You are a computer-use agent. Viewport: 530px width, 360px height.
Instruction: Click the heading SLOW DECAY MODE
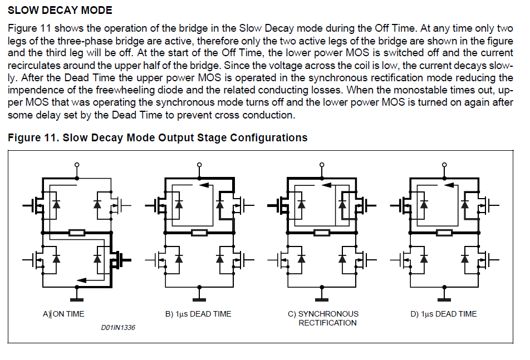[60, 11]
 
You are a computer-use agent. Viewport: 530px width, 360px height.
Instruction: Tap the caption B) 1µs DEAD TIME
[198, 314]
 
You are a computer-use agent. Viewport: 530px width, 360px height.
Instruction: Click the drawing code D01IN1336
[118, 328]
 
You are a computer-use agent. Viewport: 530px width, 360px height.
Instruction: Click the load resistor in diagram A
[77, 232]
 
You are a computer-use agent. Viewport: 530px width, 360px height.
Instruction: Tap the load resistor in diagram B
[199, 232]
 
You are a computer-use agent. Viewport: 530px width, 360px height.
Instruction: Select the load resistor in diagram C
[322, 232]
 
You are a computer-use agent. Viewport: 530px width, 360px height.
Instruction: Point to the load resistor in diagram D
[444, 232]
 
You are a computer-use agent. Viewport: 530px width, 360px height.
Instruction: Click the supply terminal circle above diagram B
[199, 165]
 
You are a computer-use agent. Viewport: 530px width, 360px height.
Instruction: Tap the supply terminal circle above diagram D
[444, 165]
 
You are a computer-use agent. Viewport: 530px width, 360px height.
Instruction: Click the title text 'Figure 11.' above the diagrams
[32, 137]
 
